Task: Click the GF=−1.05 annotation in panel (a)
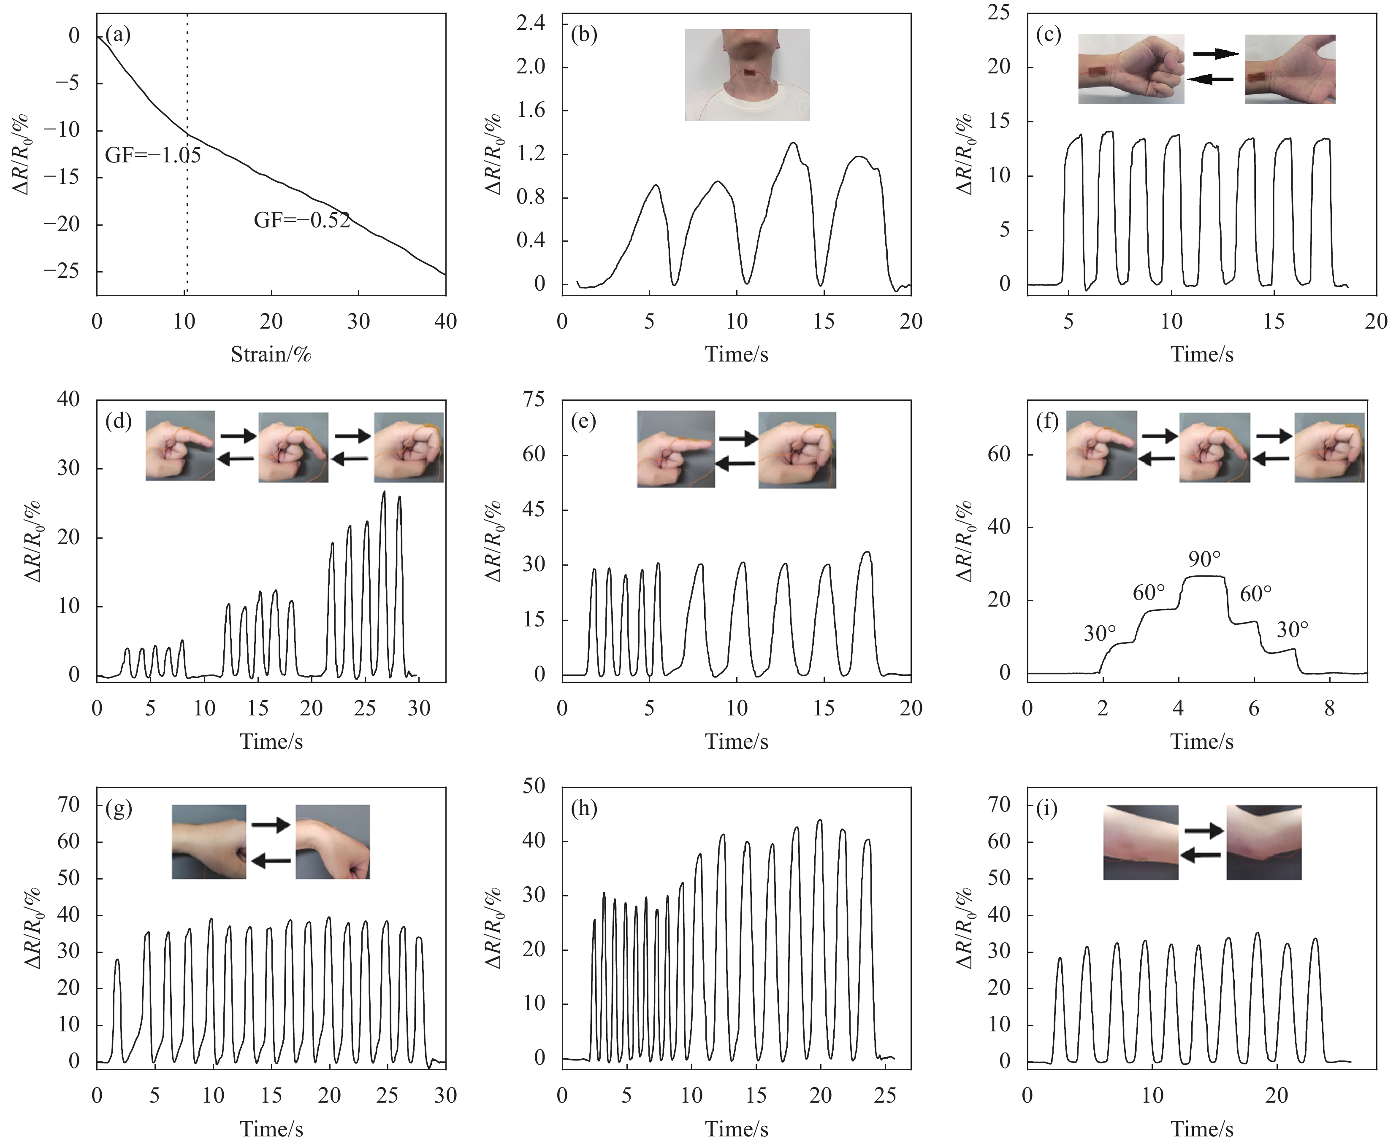[x=153, y=156]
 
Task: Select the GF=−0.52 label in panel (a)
[x=302, y=220]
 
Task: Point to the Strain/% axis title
[x=271, y=354]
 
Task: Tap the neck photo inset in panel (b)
[x=747, y=75]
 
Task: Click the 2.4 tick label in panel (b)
[x=531, y=24]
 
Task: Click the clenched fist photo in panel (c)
[x=1131, y=69]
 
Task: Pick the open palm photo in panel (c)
[x=1290, y=69]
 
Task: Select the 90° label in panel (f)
[x=1204, y=559]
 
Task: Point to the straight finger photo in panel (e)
[x=675, y=449]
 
